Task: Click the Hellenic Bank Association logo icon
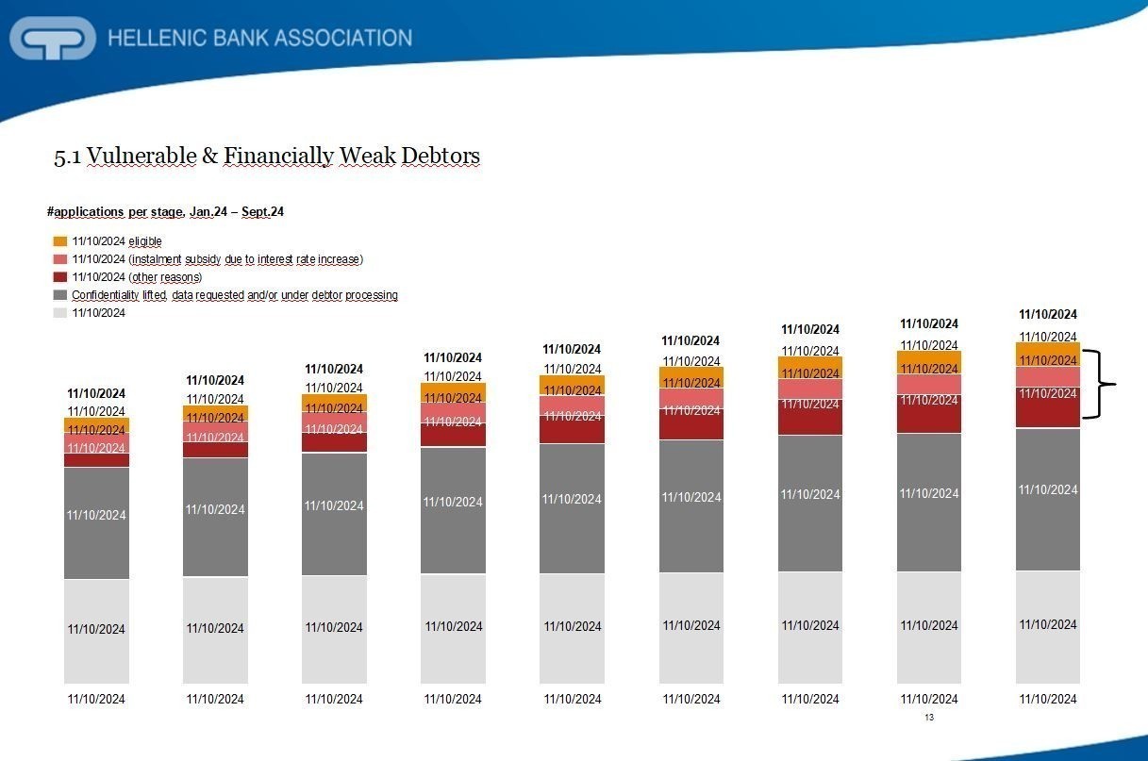(53, 39)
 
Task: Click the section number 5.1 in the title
(65, 157)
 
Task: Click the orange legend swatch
(60, 241)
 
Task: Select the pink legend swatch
(60, 259)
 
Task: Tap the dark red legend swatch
(60, 277)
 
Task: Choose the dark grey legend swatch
(60, 295)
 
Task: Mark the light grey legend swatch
(60, 313)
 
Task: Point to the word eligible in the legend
(144, 241)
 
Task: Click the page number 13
(929, 719)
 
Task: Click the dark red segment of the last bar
(1047, 407)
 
